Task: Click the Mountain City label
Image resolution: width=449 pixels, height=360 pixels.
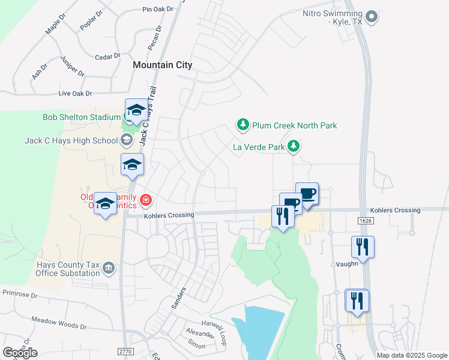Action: click(162, 65)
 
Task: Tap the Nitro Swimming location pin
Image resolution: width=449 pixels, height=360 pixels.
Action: click(372, 16)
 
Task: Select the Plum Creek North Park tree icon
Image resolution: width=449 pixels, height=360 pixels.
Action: click(243, 125)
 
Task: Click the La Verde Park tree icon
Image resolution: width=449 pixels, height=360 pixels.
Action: click(294, 146)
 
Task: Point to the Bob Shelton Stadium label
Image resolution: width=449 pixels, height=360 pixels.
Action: click(82, 117)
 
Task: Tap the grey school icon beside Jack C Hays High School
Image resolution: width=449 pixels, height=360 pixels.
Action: click(126, 141)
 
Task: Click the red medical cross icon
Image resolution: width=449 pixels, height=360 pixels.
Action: click(145, 199)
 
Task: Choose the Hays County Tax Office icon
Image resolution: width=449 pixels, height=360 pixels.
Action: click(109, 267)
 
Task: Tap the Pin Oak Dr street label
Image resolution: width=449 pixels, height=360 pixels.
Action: click(157, 10)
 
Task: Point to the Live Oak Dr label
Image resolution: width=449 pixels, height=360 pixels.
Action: click(75, 94)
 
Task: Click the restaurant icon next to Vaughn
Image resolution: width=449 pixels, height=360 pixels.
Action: click(363, 246)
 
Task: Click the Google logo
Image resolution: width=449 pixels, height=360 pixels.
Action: click(20, 352)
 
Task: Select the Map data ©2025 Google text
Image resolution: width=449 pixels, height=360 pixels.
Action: click(412, 355)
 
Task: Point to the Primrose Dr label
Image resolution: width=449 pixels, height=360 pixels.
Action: click(20, 295)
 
